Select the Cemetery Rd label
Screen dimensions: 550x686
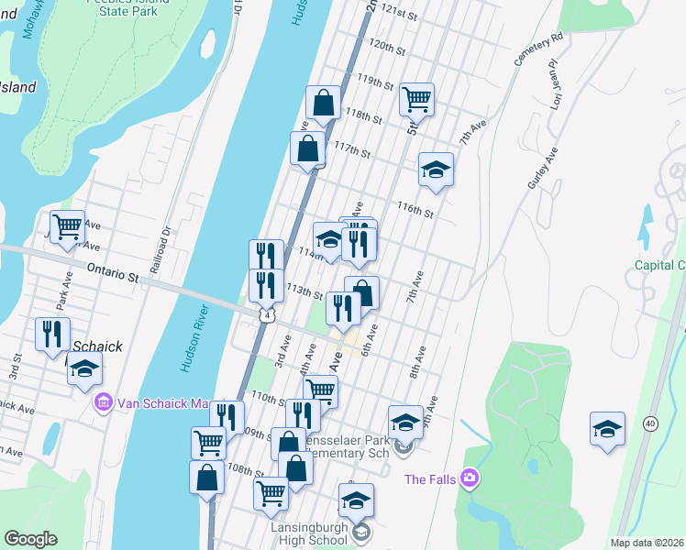(x=538, y=50)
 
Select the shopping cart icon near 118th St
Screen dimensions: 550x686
(x=416, y=98)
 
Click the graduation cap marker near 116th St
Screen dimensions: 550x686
(x=436, y=169)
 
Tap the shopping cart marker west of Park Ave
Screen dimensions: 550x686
(x=67, y=226)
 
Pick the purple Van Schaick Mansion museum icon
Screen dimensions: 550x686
(x=102, y=402)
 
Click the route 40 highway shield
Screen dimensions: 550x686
(x=649, y=423)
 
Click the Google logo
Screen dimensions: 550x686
(x=30, y=539)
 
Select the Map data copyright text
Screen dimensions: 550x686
(x=647, y=543)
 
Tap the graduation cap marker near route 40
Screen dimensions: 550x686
(x=607, y=429)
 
